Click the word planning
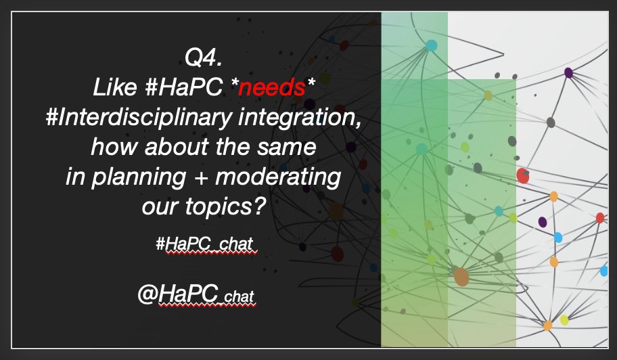[x=140, y=176]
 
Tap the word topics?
[x=229, y=205]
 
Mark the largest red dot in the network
[x=522, y=176]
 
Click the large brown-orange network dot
[x=461, y=276]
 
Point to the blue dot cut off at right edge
[x=604, y=271]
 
